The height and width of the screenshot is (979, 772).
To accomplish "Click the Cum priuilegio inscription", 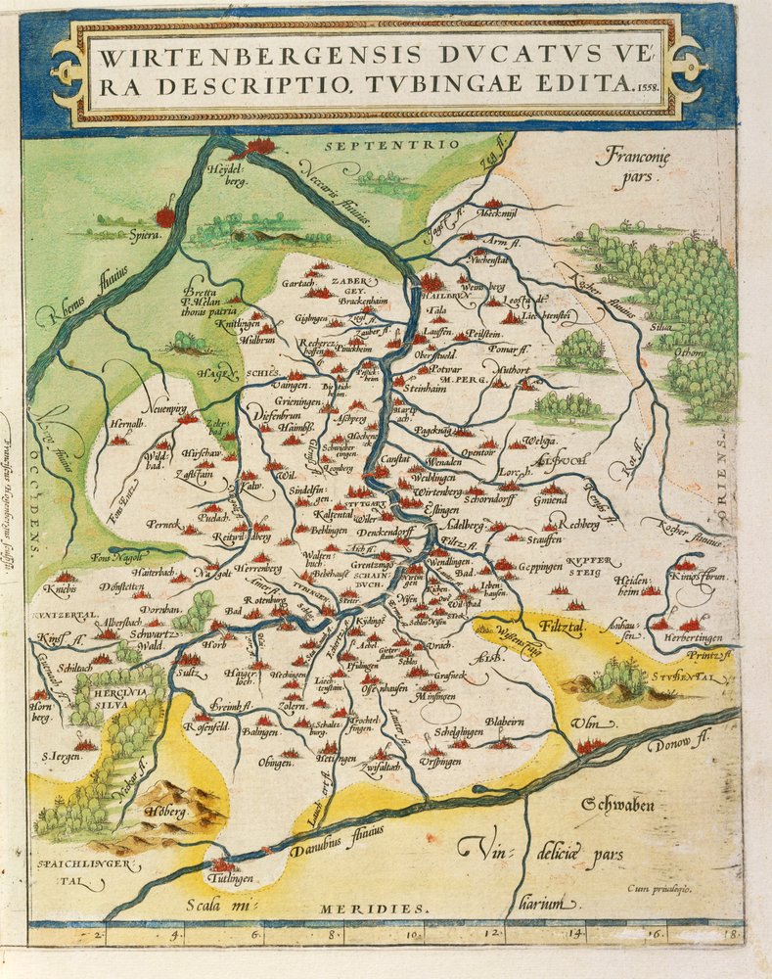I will click(x=660, y=889).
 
